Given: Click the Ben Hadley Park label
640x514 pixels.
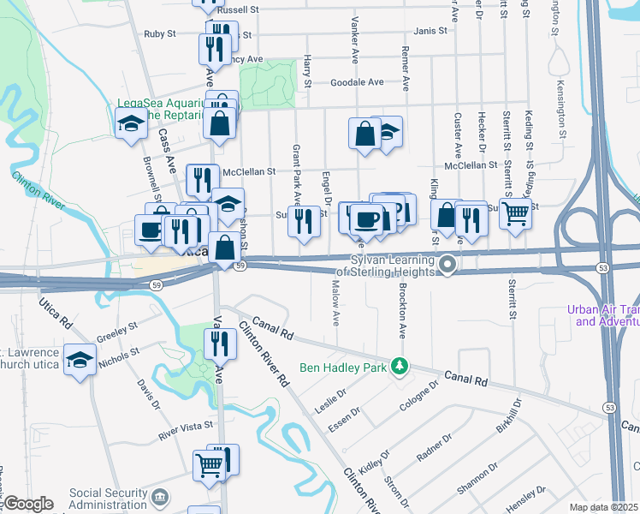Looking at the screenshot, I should click(x=343, y=368).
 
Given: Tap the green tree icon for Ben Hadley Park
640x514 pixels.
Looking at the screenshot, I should click(x=398, y=367).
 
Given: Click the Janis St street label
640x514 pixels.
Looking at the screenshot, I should click(x=430, y=31).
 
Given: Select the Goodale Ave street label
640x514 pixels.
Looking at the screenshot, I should click(x=357, y=82).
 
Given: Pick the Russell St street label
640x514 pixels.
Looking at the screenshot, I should click(x=238, y=9).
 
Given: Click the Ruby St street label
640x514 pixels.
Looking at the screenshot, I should click(x=159, y=34).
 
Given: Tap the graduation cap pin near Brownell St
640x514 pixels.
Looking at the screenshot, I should click(x=131, y=123).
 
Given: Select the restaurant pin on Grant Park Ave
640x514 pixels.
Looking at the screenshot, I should click(x=304, y=221).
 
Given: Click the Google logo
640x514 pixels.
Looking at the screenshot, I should click(x=27, y=505).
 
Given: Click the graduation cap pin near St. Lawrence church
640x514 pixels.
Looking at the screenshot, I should click(x=80, y=361).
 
